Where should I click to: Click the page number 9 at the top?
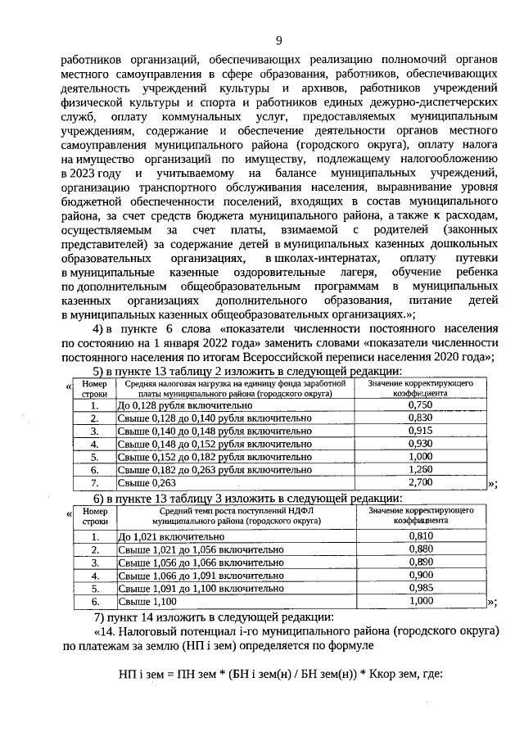click(x=278, y=42)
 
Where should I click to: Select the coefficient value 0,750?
click(x=419, y=404)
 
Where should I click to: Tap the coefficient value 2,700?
click(x=419, y=484)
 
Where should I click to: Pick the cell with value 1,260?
click(x=419, y=471)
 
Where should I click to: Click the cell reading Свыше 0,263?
click(x=148, y=484)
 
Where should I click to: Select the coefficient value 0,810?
click(x=419, y=535)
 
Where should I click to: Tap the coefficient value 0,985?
click(x=419, y=588)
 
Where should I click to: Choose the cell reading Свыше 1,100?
click(x=148, y=601)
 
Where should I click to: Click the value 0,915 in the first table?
click(x=419, y=431)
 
